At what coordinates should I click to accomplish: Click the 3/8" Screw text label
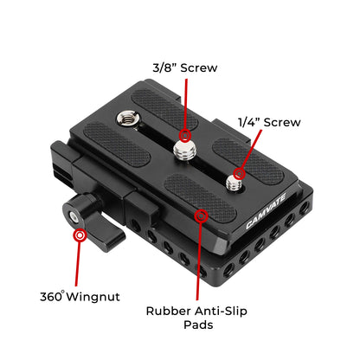(183, 67)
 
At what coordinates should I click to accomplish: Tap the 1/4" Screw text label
(271, 122)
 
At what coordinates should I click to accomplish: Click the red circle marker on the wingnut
(80, 235)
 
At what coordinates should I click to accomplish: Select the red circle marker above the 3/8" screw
(184, 135)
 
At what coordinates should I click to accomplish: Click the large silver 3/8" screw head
(183, 151)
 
